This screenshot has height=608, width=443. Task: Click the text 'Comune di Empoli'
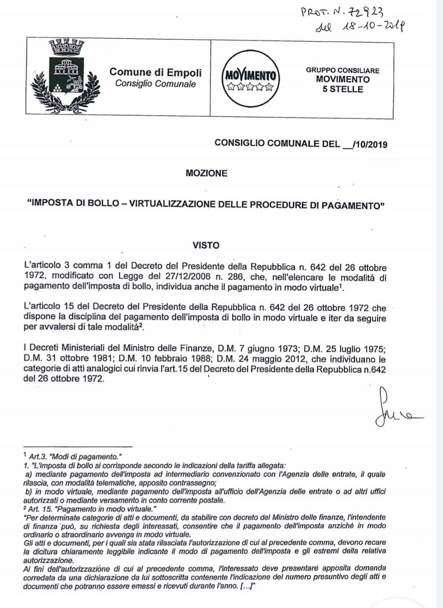[x=156, y=72]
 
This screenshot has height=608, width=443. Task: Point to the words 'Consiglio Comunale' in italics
[x=155, y=84]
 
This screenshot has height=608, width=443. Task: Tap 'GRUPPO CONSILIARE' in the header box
[x=342, y=71]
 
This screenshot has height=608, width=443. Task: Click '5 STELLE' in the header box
[x=343, y=89]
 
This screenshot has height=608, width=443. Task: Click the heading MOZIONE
[x=207, y=173]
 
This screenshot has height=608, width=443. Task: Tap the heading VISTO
[x=206, y=244]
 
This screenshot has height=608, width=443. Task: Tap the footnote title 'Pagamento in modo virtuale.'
[x=97, y=509]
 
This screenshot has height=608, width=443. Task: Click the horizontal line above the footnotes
[x=82, y=446]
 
